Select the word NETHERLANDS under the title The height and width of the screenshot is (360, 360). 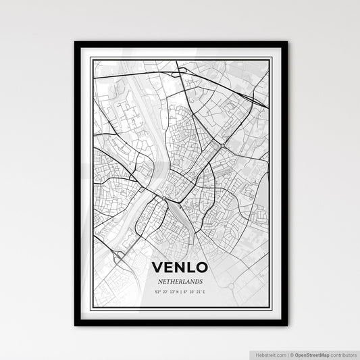tap(180, 280)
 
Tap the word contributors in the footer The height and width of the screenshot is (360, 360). tap(342, 353)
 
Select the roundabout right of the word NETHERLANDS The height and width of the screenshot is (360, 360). tap(230, 285)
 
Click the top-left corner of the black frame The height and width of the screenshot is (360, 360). tap(76, 43)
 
